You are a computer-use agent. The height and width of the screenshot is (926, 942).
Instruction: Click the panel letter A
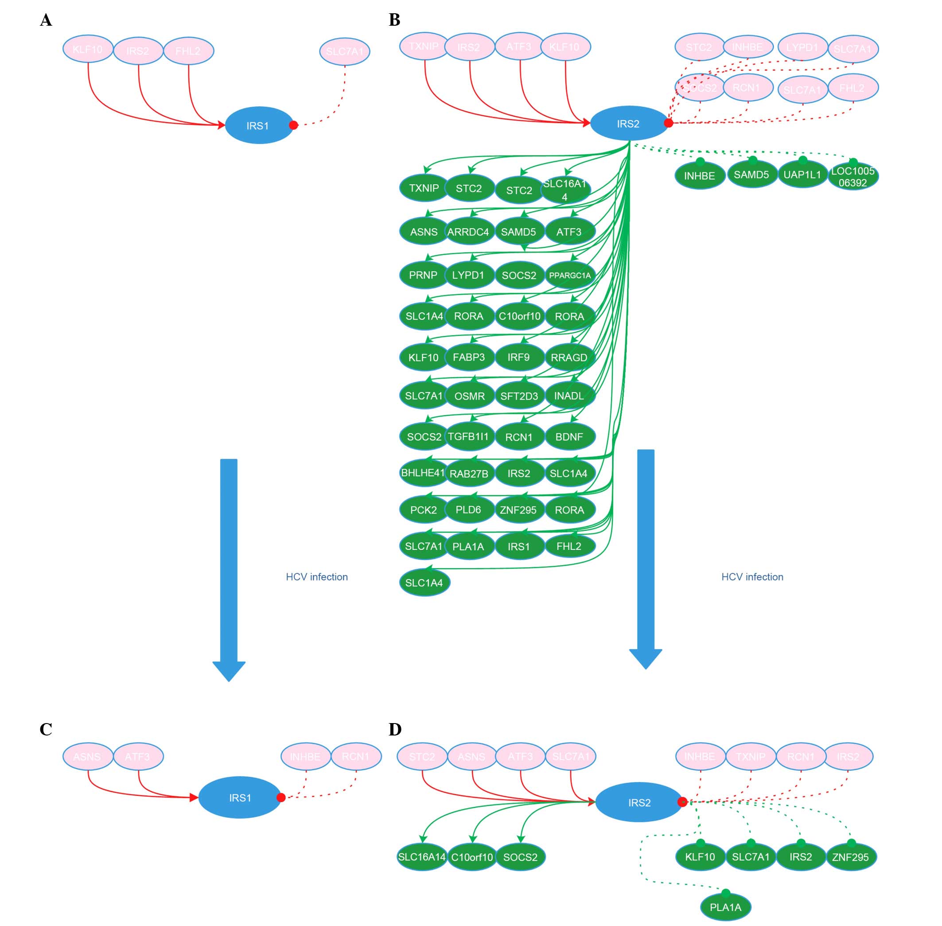46,20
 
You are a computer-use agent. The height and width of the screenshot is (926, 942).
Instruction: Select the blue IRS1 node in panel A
258,125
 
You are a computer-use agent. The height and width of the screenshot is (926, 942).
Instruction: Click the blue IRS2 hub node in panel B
628,124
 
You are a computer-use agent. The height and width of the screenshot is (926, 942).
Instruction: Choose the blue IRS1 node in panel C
240,798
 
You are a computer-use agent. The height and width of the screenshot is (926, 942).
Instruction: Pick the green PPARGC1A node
569,275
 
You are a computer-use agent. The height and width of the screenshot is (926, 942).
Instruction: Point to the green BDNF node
569,437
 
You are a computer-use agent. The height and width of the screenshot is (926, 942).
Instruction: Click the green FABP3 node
469,358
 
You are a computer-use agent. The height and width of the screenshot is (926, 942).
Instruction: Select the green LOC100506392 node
852,176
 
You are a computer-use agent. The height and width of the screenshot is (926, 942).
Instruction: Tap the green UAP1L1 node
802,175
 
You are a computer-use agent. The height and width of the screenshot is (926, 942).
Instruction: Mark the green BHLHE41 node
423,473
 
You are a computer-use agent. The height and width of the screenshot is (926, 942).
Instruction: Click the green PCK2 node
424,510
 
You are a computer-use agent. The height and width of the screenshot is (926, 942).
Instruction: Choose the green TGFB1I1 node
468,436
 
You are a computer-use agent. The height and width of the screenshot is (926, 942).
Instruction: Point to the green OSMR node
469,397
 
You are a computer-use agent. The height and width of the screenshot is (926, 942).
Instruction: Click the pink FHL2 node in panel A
188,51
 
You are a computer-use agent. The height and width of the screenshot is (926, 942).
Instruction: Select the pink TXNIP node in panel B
424,47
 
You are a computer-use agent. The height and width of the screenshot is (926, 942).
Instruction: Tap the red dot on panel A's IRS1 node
293,125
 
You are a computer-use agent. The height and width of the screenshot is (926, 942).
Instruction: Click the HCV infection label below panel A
317,577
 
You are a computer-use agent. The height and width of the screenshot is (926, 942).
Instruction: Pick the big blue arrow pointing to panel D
645,559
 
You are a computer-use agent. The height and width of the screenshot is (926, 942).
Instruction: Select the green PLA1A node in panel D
726,907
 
